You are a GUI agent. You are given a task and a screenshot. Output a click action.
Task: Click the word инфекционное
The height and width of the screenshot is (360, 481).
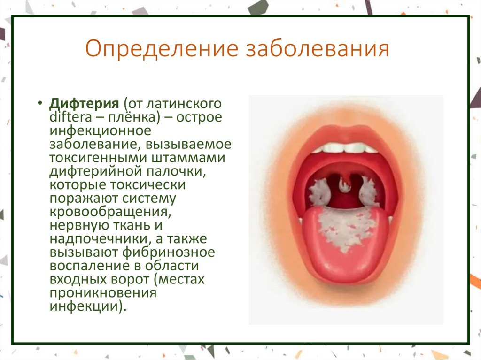click(100, 130)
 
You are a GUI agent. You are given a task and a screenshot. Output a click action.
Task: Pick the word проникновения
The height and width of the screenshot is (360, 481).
click(102, 293)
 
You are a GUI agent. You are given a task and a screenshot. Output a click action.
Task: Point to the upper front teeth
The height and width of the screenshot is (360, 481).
click(345, 147)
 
